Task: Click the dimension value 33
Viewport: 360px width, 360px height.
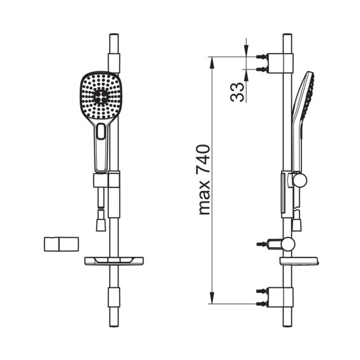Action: pos(237,92)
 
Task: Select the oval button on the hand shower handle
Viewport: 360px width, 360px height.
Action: pos(101,131)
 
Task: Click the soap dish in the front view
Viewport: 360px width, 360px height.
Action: pos(114,261)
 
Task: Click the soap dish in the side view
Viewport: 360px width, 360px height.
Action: pos(299,261)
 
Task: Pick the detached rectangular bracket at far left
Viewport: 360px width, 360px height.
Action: pos(61,244)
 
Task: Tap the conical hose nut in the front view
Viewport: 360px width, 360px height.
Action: pos(101,225)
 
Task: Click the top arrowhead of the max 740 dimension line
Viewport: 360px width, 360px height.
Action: pos(212,62)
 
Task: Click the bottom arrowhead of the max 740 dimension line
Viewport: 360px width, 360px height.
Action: pos(212,298)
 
